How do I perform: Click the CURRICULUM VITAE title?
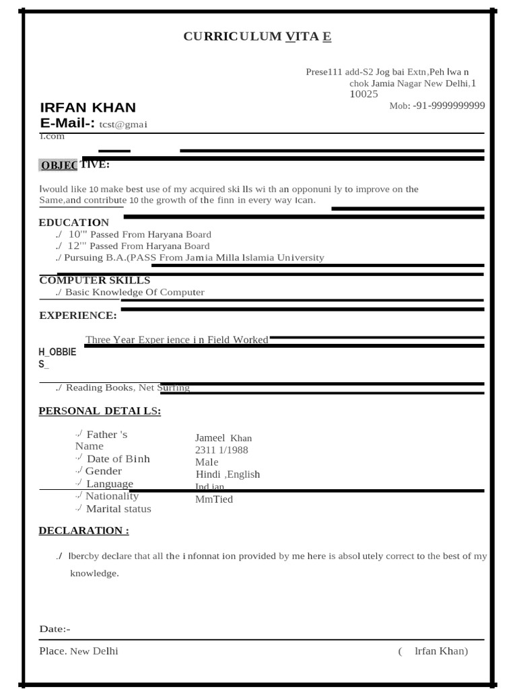257,36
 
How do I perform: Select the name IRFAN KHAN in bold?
88,108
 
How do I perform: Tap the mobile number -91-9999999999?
448,106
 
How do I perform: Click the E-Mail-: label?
67,123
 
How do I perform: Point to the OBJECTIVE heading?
75,166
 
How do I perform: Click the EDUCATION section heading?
73,223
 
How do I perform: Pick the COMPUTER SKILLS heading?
94,281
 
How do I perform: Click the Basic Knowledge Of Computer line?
134,293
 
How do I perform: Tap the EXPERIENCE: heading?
77,316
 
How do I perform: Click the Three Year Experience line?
176,340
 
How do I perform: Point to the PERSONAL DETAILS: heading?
100,411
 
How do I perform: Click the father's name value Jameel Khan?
223,438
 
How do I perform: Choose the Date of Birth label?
118,459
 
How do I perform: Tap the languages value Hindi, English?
228,474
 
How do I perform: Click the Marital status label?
118,509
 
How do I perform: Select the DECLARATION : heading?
83,530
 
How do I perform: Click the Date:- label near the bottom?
55,629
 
